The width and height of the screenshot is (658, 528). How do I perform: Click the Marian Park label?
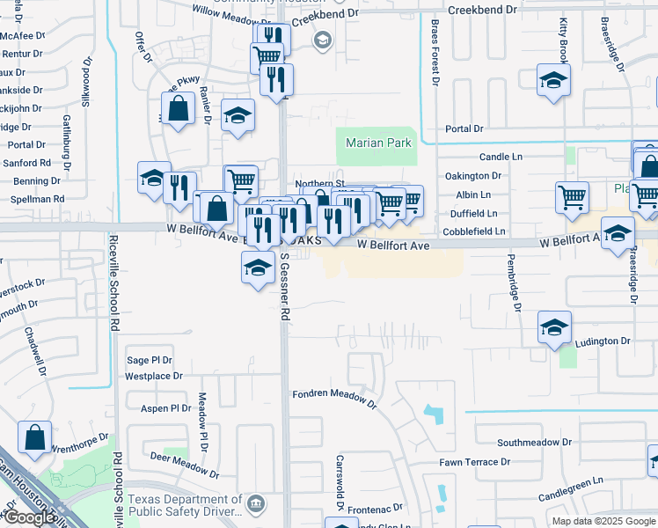tap(379, 143)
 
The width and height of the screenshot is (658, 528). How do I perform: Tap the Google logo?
tap(28, 517)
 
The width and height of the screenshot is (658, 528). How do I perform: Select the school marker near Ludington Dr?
tap(554, 328)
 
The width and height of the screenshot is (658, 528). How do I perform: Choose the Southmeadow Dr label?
tap(535, 443)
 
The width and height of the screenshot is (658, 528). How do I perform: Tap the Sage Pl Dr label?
tap(151, 360)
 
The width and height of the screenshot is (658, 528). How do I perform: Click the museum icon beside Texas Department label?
tap(256, 504)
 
